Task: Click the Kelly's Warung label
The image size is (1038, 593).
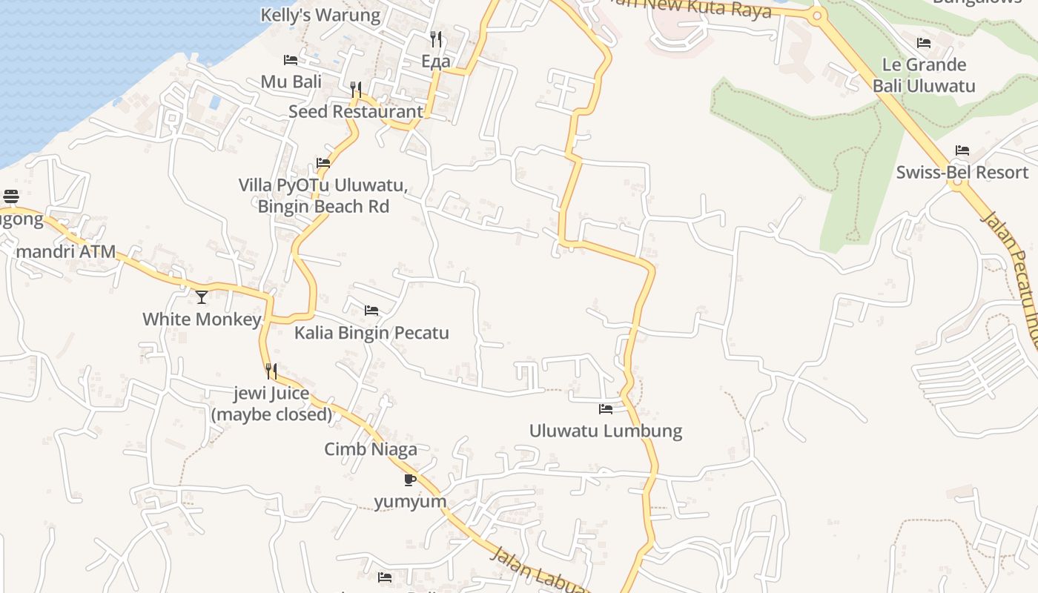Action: [320, 15]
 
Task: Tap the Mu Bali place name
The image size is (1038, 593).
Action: [291, 82]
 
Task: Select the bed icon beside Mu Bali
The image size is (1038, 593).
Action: [291, 59]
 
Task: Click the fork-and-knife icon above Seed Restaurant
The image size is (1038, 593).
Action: [356, 90]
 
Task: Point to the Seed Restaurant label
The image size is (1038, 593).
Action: [356, 112]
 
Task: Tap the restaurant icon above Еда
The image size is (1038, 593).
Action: [436, 39]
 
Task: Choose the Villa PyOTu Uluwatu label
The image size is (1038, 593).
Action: [323, 196]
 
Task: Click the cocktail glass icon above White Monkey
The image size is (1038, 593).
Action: [202, 297]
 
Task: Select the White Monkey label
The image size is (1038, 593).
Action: [202, 319]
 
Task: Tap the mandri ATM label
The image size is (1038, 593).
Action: [66, 251]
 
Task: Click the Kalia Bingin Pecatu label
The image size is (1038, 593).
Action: [371, 333]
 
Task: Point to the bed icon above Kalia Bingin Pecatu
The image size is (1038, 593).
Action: [371, 311]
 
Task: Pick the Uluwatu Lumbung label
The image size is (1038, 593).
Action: [606, 431]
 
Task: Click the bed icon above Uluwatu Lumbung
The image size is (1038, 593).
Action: [606, 408]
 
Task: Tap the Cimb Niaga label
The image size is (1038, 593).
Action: [371, 449]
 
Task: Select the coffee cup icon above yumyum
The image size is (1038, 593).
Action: [410, 480]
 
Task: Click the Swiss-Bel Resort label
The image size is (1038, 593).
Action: [962, 173]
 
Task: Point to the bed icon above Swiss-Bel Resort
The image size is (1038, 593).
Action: [962, 150]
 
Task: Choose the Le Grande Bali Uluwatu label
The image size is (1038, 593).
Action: [924, 75]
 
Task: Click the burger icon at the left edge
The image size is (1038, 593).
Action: [11, 196]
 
